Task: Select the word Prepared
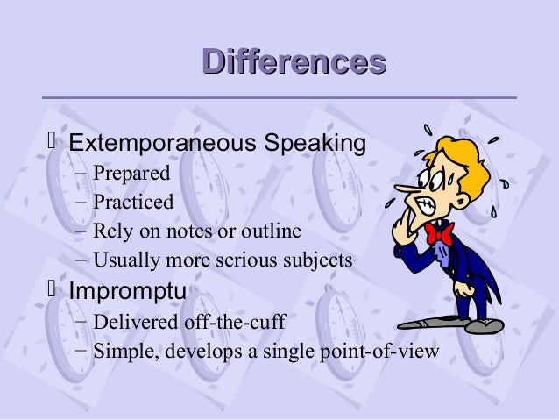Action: [x=131, y=173]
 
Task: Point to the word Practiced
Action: [x=133, y=202]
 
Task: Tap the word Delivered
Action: [x=132, y=322]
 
